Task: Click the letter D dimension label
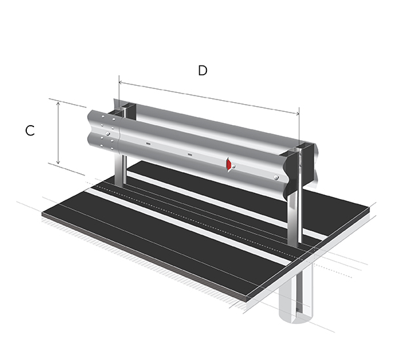[203, 71]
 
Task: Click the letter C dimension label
[30, 130]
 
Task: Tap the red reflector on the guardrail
[228, 165]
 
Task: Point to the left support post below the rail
[120, 171]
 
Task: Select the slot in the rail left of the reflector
[190, 154]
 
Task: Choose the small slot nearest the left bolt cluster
[149, 143]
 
